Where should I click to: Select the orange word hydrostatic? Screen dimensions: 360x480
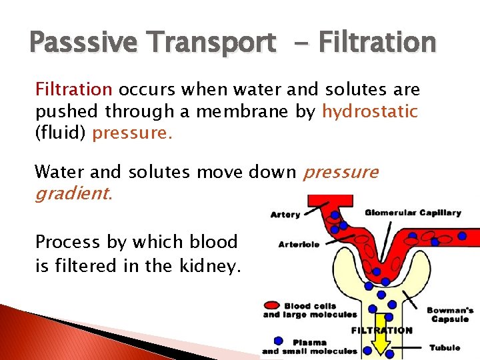click(370, 111)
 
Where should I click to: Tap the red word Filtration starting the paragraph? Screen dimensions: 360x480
click(73, 89)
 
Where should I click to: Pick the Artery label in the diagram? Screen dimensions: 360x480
click(285, 215)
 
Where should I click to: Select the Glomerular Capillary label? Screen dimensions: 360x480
click(413, 213)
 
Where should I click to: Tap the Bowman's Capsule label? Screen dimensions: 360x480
click(450, 315)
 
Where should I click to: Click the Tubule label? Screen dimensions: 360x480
click(444, 348)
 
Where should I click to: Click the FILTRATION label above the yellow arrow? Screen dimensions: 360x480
click(381, 330)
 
